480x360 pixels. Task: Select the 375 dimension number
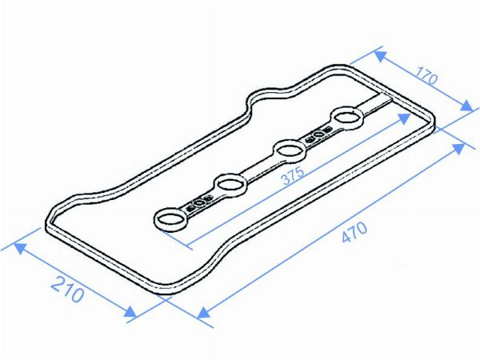click(x=294, y=176)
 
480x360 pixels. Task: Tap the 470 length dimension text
click(x=354, y=232)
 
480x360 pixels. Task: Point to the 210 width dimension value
click(x=67, y=289)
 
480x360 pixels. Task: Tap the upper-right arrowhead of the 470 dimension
click(x=458, y=149)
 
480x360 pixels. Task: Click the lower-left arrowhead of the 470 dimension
click(x=203, y=313)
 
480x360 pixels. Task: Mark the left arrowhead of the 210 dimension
click(x=20, y=248)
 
